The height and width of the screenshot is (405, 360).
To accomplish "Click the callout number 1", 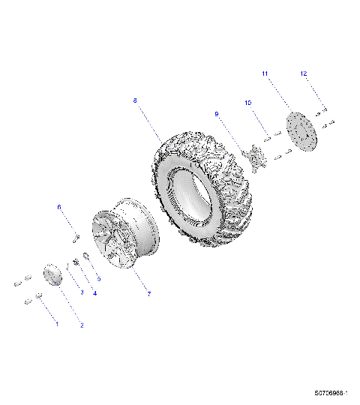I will [55, 323].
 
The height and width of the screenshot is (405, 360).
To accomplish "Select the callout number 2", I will [82, 325].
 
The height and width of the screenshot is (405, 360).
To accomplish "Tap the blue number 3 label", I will [82, 292].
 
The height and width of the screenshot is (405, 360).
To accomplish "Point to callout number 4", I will [94, 293].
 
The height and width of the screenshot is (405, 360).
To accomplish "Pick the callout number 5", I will [98, 278].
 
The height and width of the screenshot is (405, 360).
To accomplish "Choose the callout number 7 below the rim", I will [148, 293].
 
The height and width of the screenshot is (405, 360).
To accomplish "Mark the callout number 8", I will [135, 100].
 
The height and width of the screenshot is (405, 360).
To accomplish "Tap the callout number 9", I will [217, 114].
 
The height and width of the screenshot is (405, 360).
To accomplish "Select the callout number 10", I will [247, 102].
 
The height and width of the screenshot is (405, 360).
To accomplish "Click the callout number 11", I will [265, 73].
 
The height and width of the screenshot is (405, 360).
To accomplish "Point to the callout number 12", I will [304, 73].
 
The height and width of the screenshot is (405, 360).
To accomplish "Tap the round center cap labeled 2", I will [52, 274].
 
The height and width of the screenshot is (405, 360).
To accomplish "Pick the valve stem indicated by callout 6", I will [76, 238].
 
